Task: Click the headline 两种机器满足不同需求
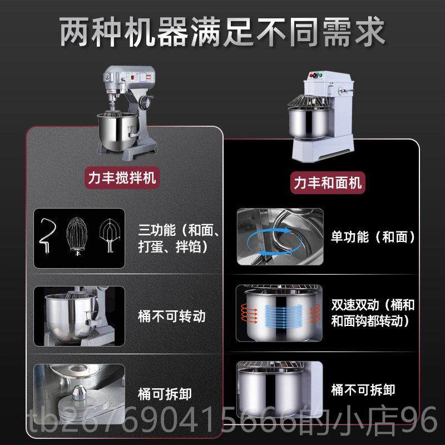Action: point(222,32)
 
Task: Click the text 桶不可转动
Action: point(172,317)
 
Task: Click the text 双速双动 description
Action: point(372,313)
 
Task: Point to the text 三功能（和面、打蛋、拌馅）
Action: point(180,238)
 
